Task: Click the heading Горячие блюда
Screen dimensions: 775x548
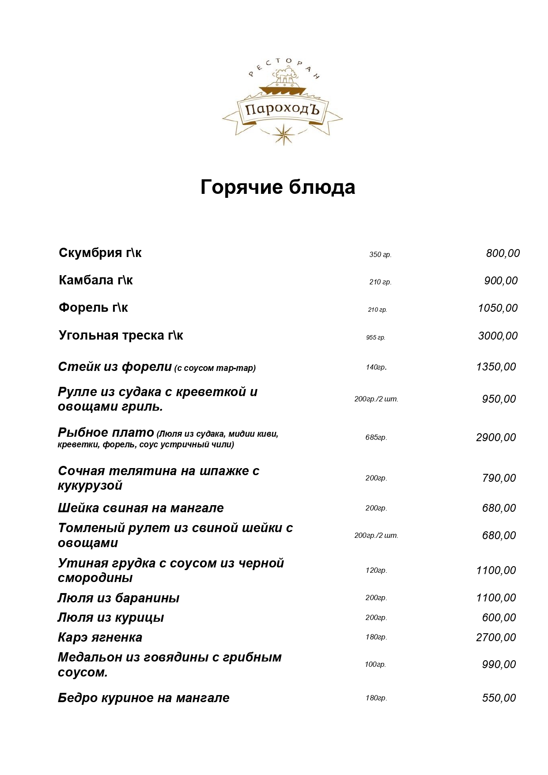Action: pyautogui.click(x=278, y=187)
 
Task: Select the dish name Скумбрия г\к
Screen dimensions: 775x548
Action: pyautogui.click(x=100, y=253)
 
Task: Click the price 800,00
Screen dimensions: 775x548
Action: pyautogui.click(x=503, y=253)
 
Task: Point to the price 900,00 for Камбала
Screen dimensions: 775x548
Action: pyautogui.click(x=501, y=281)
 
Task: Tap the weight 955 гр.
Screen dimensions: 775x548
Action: pyautogui.click(x=375, y=338)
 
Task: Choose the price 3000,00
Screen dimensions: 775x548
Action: pyautogui.click(x=498, y=336)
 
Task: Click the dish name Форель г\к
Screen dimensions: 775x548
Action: pyautogui.click(x=93, y=308)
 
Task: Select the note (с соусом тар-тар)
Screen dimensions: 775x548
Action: pyautogui.click(x=215, y=368)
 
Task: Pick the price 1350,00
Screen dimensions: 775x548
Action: pyautogui.click(x=496, y=367)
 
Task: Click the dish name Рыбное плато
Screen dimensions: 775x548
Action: pyautogui.click(x=106, y=433)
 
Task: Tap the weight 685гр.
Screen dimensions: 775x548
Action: pyautogui.click(x=376, y=438)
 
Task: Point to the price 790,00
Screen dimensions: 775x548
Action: pyautogui.click(x=499, y=478)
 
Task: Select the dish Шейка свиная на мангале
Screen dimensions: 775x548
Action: pyautogui.click(x=140, y=508)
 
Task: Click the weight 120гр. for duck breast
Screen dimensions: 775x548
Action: pyautogui.click(x=376, y=571)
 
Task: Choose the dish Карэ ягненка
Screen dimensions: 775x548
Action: pyautogui.click(x=100, y=638)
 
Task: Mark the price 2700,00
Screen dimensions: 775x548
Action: pyautogui.click(x=496, y=638)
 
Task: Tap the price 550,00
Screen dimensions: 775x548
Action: pyautogui.click(x=499, y=698)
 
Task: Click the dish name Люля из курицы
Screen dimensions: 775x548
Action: pyautogui.click(x=110, y=618)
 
